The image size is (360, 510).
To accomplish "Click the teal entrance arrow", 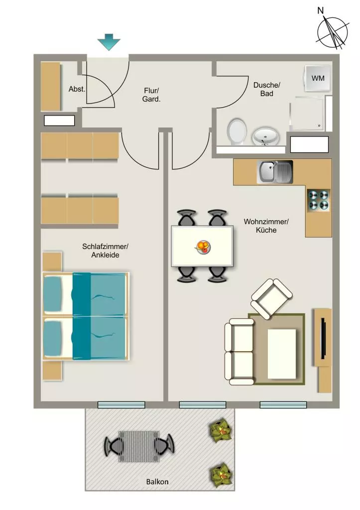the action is click(x=109, y=42).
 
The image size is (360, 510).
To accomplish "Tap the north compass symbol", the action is click(x=332, y=30).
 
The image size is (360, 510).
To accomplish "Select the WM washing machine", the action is click(x=318, y=78).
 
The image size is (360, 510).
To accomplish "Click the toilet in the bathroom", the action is click(x=237, y=132).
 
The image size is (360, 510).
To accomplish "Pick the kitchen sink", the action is click(x=275, y=172).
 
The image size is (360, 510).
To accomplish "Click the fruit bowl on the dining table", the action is click(x=203, y=247).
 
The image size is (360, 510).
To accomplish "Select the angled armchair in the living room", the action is click(x=271, y=299).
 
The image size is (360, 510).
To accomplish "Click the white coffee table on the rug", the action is click(x=282, y=354).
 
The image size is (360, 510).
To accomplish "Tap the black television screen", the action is click(x=323, y=338).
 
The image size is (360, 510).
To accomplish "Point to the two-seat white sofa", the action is click(x=240, y=352).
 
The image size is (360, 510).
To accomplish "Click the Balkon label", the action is click(x=157, y=482).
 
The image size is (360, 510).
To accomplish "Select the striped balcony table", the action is click(x=139, y=446).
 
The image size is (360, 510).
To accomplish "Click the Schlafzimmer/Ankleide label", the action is click(x=105, y=251).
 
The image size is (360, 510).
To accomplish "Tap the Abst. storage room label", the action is click(x=77, y=89).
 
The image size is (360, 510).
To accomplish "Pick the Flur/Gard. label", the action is click(x=151, y=95).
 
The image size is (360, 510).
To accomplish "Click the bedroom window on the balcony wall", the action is click(x=121, y=405).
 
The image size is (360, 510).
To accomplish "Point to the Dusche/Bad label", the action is click(x=267, y=90).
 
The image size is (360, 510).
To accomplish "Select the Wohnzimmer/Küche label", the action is click(x=266, y=226).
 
